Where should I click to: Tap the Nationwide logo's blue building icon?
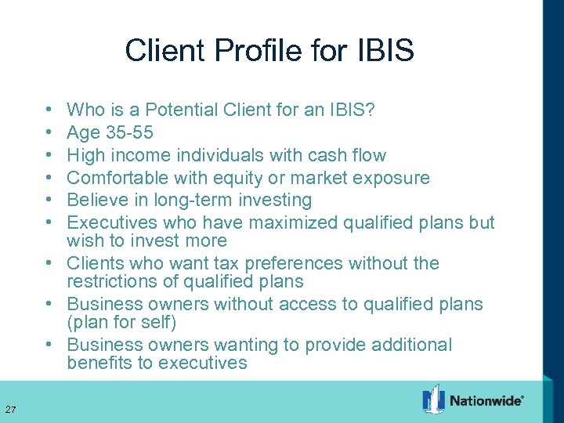(x=433, y=399)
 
